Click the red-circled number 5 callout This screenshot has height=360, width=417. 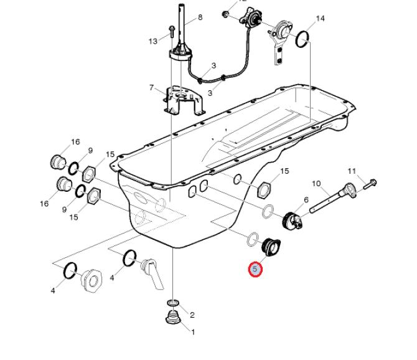tap(255, 269)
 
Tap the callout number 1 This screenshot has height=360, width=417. tap(193, 332)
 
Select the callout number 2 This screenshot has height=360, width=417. tap(192, 315)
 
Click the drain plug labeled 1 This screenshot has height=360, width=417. tap(172, 317)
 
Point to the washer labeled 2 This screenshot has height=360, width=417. tap(174, 303)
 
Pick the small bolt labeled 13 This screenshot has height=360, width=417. tap(172, 31)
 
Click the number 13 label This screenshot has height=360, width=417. tap(153, 41)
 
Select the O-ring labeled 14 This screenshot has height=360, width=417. tap(302, 39)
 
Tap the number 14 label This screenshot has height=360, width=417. tap(320, 18)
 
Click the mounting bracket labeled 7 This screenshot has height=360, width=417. tap(184, 101)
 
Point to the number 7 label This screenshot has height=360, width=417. tap(152, 88)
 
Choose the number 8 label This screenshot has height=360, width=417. tap(200, 17)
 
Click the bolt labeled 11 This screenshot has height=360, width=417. tap(370, 184)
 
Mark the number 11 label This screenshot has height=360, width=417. tap(352, 171)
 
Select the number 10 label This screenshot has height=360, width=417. tap(316, 183)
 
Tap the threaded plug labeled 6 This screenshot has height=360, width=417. tap(292, 220)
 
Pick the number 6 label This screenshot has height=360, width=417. tap(306, 199)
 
